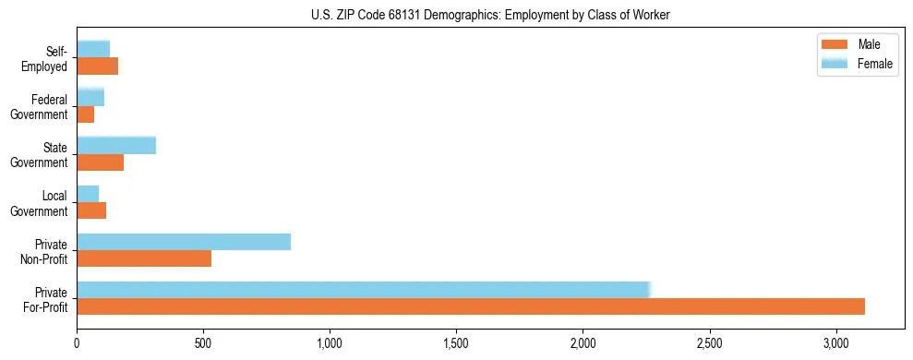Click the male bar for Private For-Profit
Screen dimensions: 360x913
pos(471,306)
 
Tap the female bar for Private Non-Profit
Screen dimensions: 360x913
pos(184,242)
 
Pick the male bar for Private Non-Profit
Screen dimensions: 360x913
pos(144,258)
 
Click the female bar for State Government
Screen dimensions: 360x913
pos(116,146)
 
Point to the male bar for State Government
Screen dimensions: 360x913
pos(100,162)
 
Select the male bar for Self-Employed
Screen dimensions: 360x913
pos(97,66)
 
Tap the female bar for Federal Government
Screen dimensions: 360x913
pos(90,98)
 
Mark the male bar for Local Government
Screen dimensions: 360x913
pos(91,210)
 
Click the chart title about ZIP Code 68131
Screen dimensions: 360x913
pos(489,15)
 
